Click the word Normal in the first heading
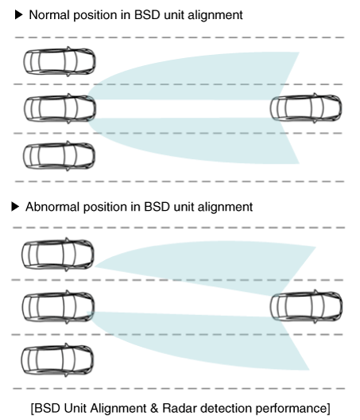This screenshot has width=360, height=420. click(x=49, y=15)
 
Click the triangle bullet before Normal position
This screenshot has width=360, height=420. click(x=18, y=15)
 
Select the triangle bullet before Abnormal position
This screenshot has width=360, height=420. click(x=15, y=207)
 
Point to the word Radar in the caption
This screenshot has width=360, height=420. click(x=179, y=409)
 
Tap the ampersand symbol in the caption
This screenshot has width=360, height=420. click(x=155, y=409)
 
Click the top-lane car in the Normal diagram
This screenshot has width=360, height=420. click(x=60, y=61)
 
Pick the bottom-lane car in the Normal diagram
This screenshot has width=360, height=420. click(x=59, y=156)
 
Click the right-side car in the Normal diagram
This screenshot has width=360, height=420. click(x=306, y=108)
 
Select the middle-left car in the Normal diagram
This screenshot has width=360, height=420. click(x=60, y=108)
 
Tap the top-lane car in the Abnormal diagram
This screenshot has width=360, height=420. click(x=58, y=255)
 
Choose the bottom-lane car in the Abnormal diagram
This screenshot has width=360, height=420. click(x=57, y=360)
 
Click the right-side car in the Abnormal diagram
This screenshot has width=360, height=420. click(x=306, y=306)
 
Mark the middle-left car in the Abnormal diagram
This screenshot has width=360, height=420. click(x=58, y=307)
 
